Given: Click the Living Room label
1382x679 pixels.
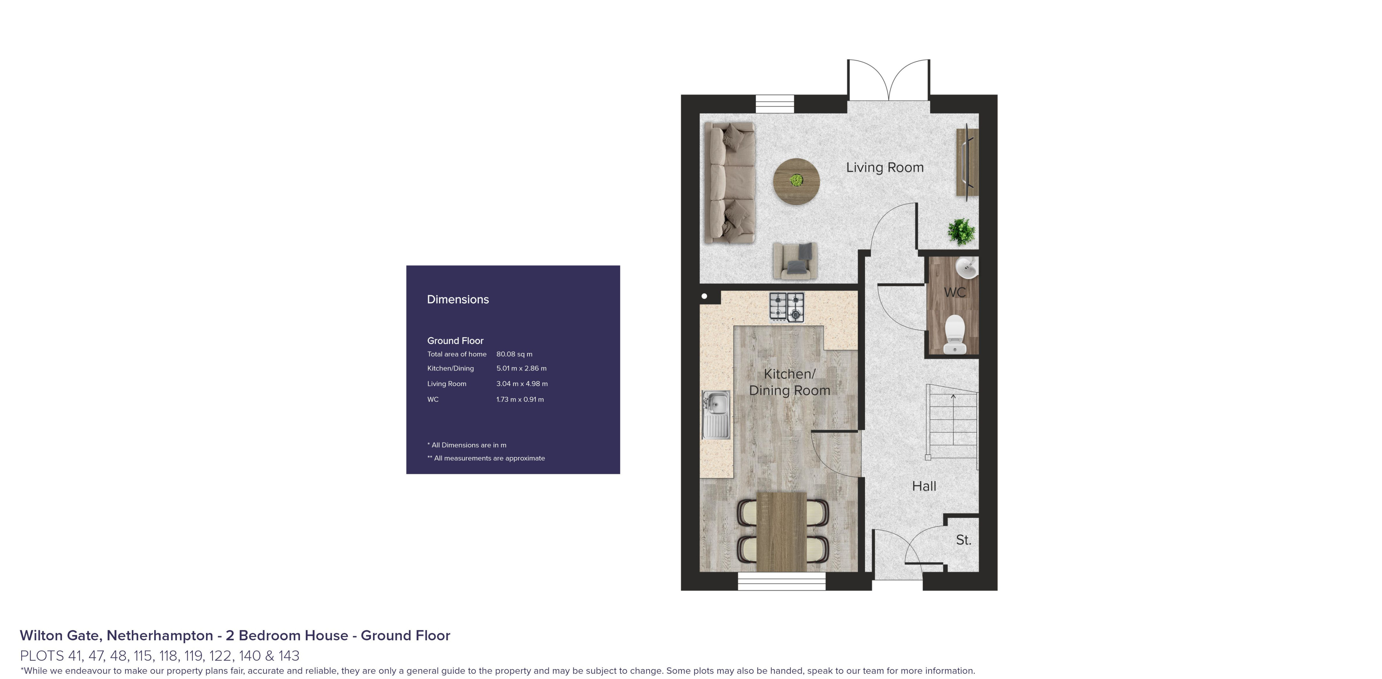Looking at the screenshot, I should [885, 167].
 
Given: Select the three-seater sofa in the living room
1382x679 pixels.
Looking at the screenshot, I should [728, 182].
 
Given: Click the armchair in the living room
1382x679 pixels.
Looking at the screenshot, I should [795, 260].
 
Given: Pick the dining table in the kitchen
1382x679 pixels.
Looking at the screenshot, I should [782, 531].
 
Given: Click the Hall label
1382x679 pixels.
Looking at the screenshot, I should [924, 486].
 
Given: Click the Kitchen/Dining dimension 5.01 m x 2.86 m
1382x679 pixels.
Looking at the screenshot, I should [521, 368].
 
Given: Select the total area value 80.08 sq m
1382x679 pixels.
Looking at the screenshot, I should [514, 354].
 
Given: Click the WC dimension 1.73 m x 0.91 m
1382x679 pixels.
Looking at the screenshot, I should [520, 399].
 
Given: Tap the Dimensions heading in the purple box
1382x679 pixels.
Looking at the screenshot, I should [457, 300].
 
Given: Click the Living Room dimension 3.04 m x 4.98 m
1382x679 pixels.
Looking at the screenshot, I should [521, 384].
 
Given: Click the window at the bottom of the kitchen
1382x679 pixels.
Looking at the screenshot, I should [781, 581].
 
